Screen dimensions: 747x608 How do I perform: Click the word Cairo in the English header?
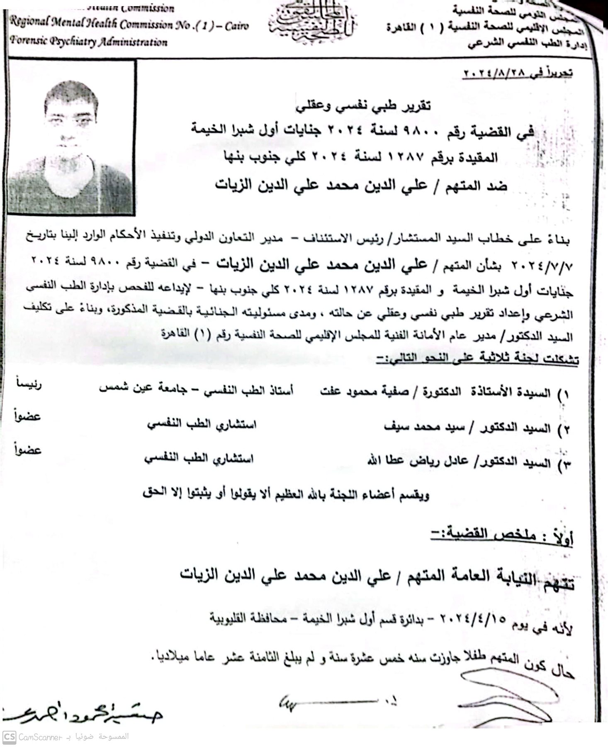tap(237, 26)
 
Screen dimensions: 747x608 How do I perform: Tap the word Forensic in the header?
tap(29, 41)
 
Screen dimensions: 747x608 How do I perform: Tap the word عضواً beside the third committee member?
tap(28, 450)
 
